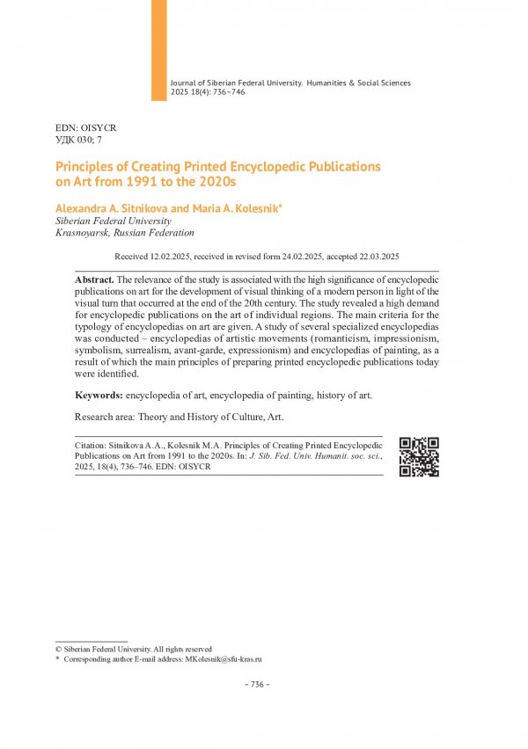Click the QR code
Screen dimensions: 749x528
tap(419, 456)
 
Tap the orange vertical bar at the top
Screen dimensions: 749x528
tap(158, 49)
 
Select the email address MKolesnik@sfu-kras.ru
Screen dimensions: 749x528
tap(224, 658)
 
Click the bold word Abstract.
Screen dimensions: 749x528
tap(93, 279)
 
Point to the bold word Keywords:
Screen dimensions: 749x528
tap(99, 396)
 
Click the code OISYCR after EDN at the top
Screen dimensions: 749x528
tap(98, 128)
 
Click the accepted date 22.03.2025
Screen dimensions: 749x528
tap(375, 257)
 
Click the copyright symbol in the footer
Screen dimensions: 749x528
tap(58, 649)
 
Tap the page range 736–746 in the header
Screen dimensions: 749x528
tap(227, 91)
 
